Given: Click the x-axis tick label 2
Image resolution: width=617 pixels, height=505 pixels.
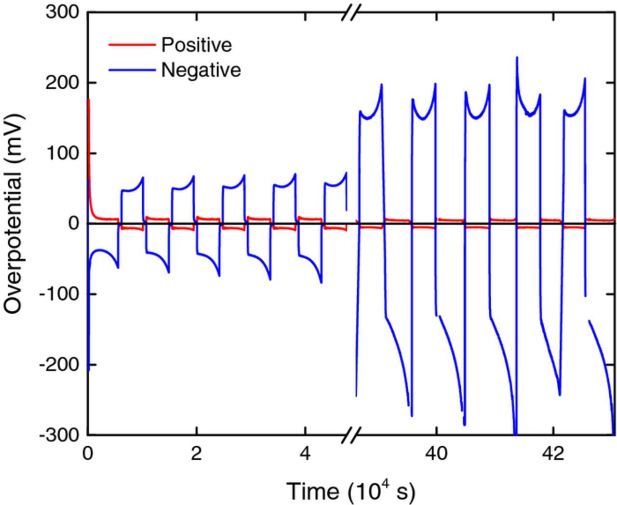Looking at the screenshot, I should pyautogui.click(x=196, y=454).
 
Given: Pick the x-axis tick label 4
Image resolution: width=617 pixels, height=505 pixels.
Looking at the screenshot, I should pyautogui.click(x=305, y=454).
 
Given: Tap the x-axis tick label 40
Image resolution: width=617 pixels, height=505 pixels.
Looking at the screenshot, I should pyautogui.click(x=436, y=454).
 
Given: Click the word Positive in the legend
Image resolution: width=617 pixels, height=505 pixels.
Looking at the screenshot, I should pyautogui.click(x=196, y=45).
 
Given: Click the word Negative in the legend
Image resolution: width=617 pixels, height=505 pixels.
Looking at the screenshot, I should pyautogui.click(x=201, y=70).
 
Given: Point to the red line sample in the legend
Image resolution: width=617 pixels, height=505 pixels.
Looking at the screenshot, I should pyautogui.click(x=132, y=45).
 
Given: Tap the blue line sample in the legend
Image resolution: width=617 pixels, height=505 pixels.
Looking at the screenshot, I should pyautogui.click(x=132, y=70).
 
